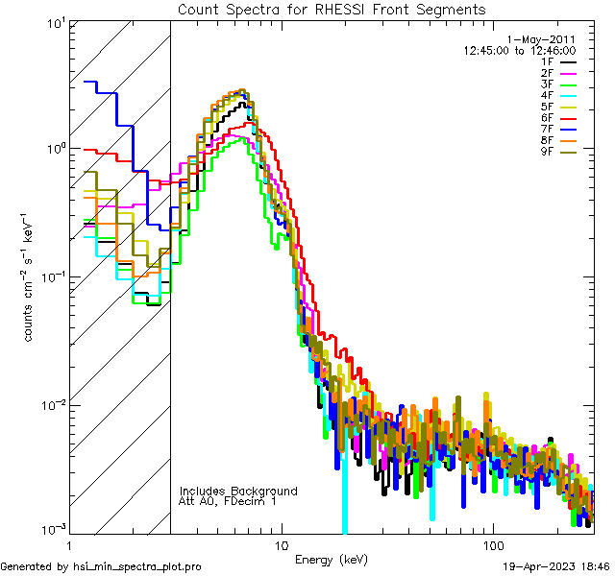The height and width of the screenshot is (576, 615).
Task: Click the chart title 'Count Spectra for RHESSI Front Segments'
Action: (332, 9)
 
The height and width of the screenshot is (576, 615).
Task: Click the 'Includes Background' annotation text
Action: (238, 491)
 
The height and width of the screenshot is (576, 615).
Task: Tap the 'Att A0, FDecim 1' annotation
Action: (228, 501)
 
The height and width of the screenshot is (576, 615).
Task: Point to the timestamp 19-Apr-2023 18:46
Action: (555, 566)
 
